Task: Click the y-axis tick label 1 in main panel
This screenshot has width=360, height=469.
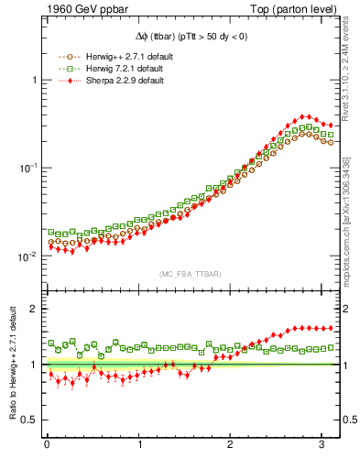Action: pos(33,81)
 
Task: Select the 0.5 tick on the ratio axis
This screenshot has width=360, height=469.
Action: pos(28,420)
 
